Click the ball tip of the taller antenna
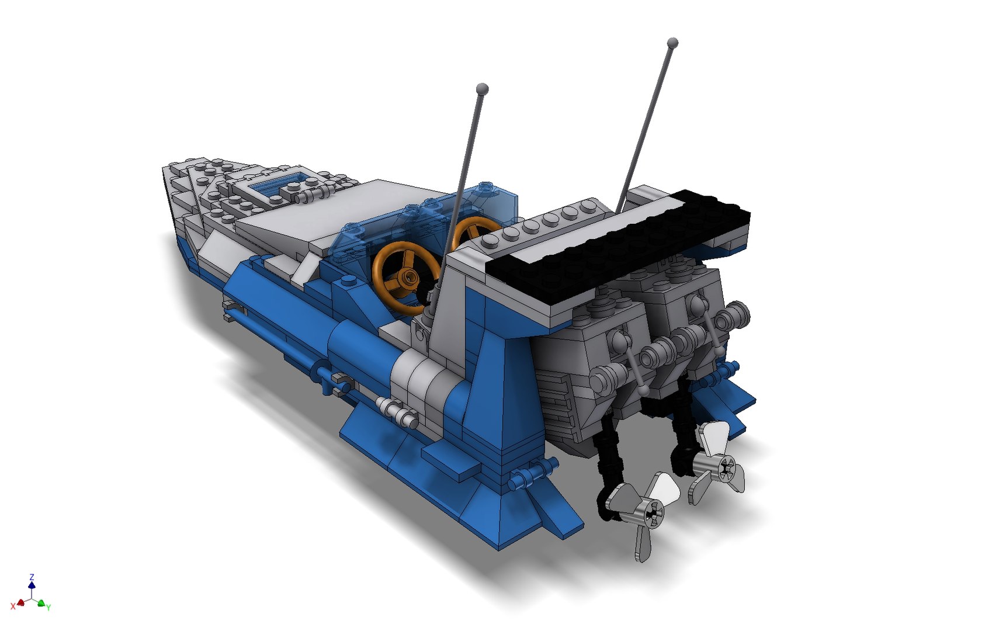pyautogui.click(x=672, y=42)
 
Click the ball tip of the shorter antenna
pyautogui.click(x=482, y=89)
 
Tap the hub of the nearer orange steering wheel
pyautogui.click(x=407, y=278)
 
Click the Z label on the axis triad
pyautogui.click(x=32, y=577)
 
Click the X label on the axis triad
pyautogui.click(x=13, y=606)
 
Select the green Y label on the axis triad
pyautogui.click(x=48, y=608)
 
